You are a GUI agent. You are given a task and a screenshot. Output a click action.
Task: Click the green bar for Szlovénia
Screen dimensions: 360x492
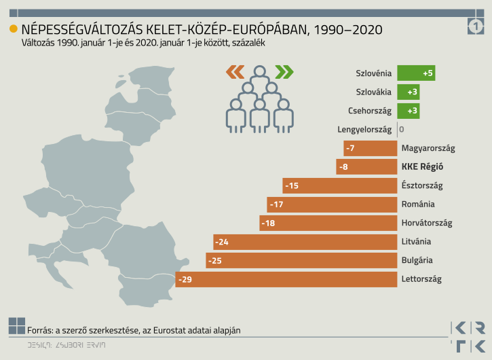[x=416, y=73]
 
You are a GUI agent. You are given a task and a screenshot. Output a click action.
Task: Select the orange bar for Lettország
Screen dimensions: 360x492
[x=286, y=279]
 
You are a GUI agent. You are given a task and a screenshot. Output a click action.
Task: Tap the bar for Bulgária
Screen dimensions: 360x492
[x=301, y=260]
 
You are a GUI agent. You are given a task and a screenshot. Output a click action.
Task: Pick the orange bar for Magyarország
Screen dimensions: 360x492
[x=370, y=148]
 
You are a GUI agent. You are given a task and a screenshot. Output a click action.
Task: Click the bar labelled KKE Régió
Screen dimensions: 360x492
[x=366, y=166]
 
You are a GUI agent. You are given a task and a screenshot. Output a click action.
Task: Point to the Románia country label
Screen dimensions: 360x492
[x=418, y=204]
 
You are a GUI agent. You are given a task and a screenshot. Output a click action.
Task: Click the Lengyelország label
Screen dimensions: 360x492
[x=364, y=129]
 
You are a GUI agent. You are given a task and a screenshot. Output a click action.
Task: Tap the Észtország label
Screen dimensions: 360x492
[x=422, y=185]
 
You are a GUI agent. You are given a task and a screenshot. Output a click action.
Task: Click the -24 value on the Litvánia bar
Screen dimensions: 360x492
[x=221, y=242]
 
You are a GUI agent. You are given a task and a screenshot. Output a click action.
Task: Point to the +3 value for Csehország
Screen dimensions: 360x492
[x=413, y=111]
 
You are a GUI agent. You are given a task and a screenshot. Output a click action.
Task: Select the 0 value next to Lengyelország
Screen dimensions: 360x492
[x=402, y=129]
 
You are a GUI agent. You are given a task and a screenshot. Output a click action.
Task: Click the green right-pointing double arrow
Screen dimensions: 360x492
[x=284, y=71]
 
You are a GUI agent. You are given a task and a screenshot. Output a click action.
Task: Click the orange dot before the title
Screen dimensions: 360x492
[x=13, y=29]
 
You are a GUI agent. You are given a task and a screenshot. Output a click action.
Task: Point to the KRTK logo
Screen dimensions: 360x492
[x=468, y=336]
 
